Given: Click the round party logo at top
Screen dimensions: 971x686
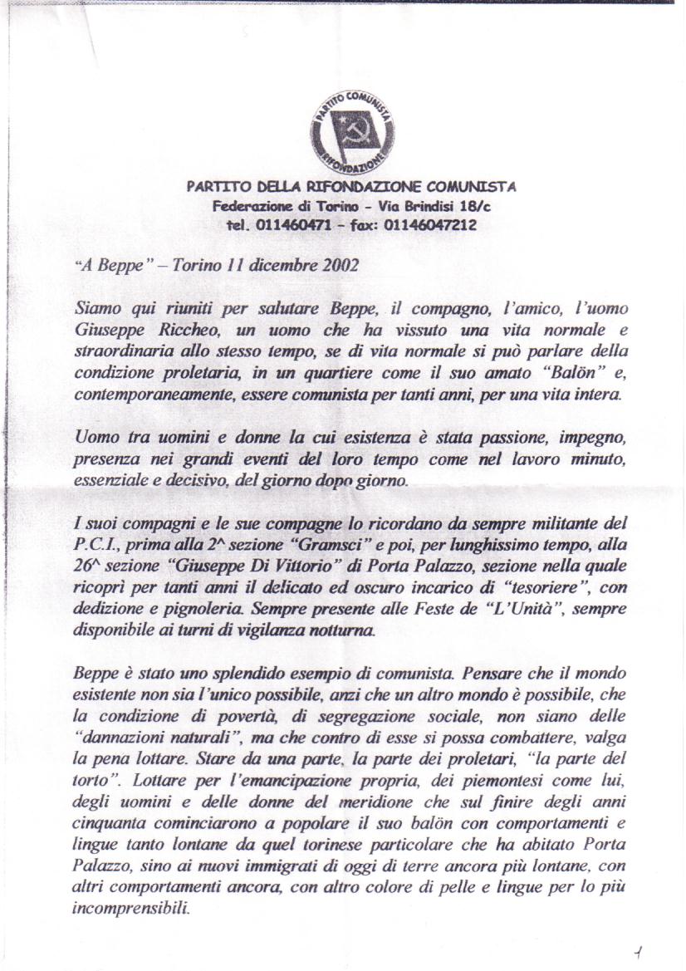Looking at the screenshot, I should [x=352, y=130].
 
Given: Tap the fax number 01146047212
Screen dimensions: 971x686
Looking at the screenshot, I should [x=434, y=225].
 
